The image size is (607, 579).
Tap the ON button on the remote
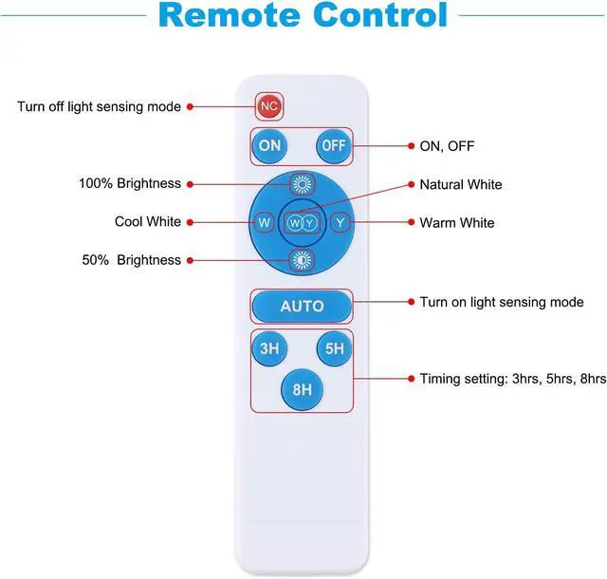(x=269, y=146)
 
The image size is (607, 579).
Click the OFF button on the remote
(x=334, y=146)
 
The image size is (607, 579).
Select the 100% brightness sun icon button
(x=302, y=184)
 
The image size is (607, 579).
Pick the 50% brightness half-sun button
(x=302, y=260)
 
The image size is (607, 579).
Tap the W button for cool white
(x=264, y=222)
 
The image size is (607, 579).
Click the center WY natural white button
(x=302, y=223)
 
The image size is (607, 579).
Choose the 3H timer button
(x=269, y=348)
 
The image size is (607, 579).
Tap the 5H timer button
(x=334, y=348)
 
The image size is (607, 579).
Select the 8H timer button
(x=302, y=389)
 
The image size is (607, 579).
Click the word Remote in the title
(x=230, y=15)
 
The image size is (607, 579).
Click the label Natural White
(x=461, y=184)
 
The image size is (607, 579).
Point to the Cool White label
(x=148, y=222)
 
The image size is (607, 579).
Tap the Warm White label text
(x=457, y=223)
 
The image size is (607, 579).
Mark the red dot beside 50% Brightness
(x=190, y=260)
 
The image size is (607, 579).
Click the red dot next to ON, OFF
(x=411, y=146)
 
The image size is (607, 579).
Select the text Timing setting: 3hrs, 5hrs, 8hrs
(x=513, y=379)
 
